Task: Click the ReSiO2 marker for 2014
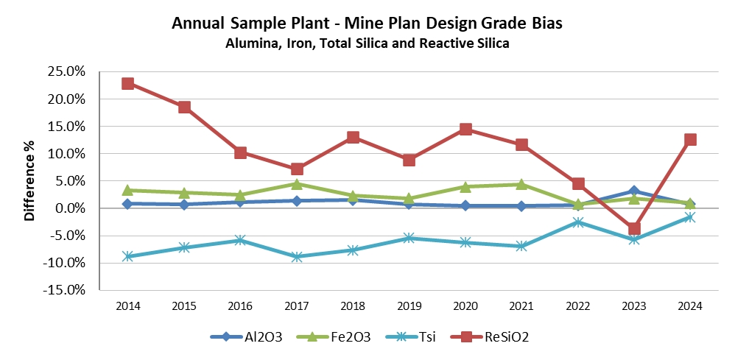pos(127,83)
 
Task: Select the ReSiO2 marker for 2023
pos(634,228)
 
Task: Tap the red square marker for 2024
pos(690,139)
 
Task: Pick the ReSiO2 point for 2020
pos(465,130)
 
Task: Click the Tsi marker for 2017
pos(296,256)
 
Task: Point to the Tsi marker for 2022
pos(578,222)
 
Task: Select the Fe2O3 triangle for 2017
pos(296,184)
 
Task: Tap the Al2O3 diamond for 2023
pos(634,191)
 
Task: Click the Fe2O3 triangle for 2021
pos(521,184)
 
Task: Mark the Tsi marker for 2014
pos(127,256)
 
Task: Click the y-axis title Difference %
pos(30,181)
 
